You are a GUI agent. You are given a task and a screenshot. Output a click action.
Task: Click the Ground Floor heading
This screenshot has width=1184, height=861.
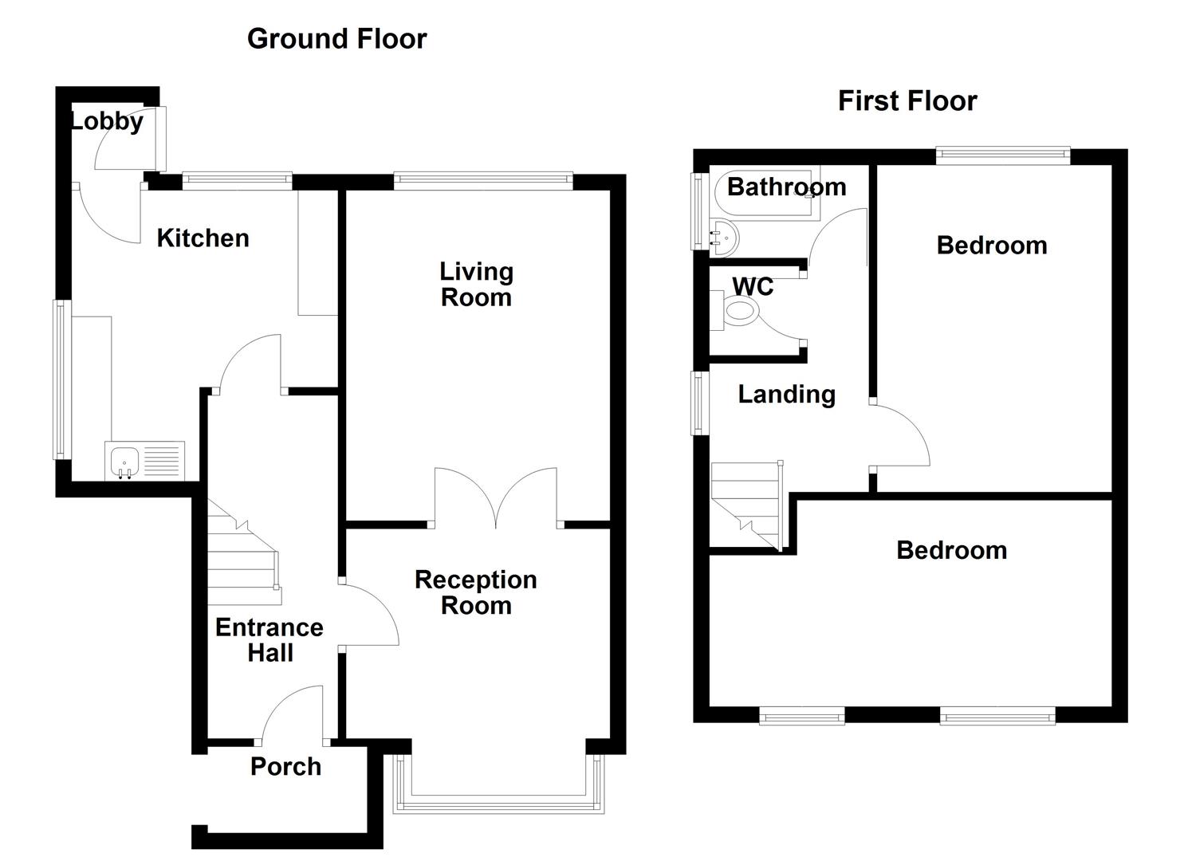point(336,38)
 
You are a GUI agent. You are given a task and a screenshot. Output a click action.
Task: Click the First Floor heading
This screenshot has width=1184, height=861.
point(907,100)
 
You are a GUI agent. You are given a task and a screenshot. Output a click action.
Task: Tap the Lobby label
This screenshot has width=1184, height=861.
point(107,121)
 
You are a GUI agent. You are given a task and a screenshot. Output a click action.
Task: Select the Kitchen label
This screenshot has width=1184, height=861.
point(203,238)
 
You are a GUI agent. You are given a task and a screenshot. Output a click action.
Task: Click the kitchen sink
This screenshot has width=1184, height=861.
point(125,462)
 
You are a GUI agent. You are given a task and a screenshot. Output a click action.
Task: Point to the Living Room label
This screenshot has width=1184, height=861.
point(476,284)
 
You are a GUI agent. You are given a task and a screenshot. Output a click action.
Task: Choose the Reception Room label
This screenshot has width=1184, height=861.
point(476,592)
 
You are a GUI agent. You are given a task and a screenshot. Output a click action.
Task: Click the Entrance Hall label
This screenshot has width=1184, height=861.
point(269,639)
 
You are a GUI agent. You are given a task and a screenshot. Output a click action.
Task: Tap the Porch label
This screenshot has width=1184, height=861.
point(285,766)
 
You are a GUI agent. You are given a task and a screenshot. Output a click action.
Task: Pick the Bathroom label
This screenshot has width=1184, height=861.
point(786,187)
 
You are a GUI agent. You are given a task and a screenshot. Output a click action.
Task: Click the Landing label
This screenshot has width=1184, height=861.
point(786,394)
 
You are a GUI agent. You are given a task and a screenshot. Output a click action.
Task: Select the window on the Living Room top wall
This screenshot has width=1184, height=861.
point(483,181)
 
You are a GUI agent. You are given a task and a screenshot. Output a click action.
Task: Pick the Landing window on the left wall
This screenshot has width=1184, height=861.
point(700,403)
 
